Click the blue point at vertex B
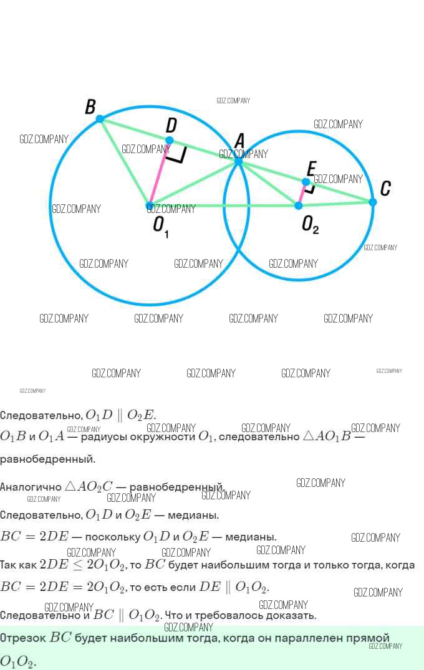click(100, 118)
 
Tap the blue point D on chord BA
click(170, 140)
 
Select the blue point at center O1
click(149, 205)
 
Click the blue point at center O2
click(299, 205)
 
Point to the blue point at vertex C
click(373, 202)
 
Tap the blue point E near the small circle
click(306, 182)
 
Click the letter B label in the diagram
click(90, 106)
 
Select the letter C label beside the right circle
click(385, 188)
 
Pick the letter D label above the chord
click(171, 125)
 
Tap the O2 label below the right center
click(310, 224)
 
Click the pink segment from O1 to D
click(159, 173)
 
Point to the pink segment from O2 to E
click(302, 194)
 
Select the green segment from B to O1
click(125, 162)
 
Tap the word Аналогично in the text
click(31, 487)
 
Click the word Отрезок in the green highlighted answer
click(23, 638)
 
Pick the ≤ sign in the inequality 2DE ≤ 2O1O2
click(77, 565)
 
